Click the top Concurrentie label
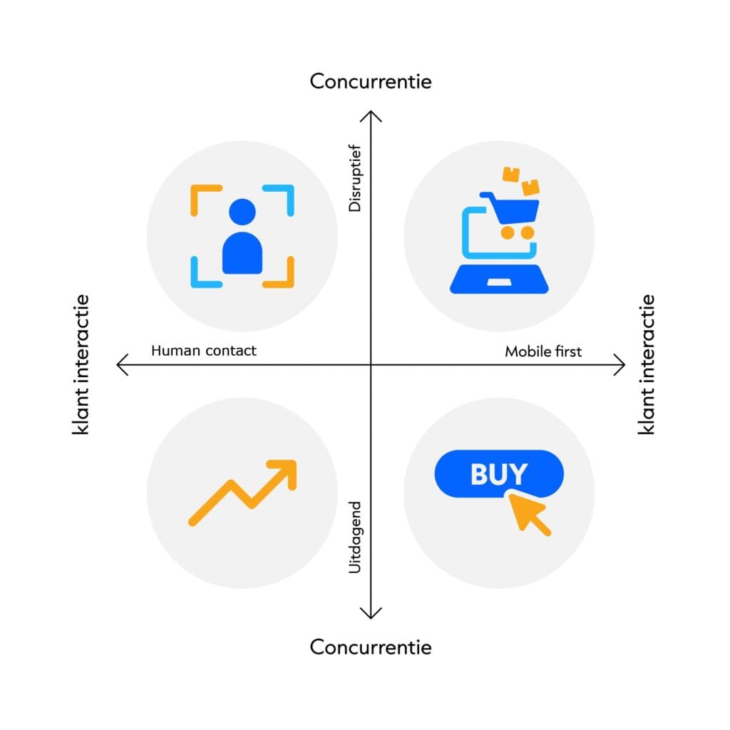(x=371, y=81)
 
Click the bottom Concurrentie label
(x=371, y=647)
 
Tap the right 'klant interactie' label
(x=647, y=365)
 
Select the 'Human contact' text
(x=204, y=351)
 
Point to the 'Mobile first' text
(x=543, y=351)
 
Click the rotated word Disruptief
(x=355, y=179)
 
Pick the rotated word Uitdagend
(x=355, y=538)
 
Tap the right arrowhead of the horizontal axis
(x=622, y=366)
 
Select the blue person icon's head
(x=242, y=212)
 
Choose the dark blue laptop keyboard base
(x=499, y=279)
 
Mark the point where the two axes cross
(x=371, y=366)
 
